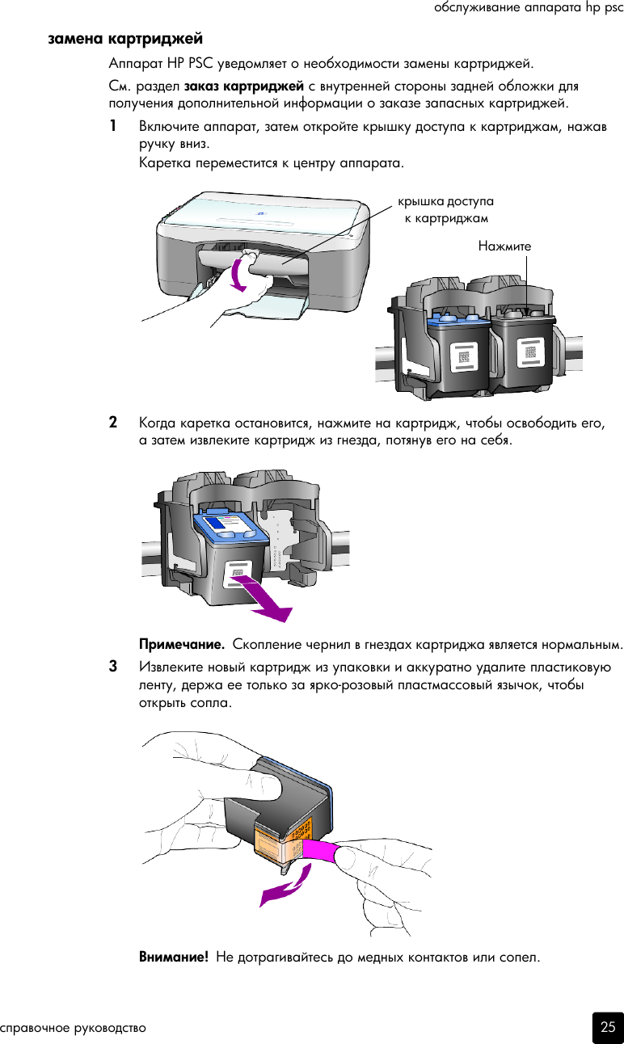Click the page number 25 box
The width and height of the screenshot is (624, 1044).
(607, 1027)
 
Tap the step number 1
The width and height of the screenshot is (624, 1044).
(114, 127)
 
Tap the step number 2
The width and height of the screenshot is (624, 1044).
(114, 423)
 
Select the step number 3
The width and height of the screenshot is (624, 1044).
(114, 667)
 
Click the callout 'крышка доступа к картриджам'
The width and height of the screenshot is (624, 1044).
(445, 209)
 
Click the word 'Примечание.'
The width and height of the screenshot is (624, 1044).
(182, 645)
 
